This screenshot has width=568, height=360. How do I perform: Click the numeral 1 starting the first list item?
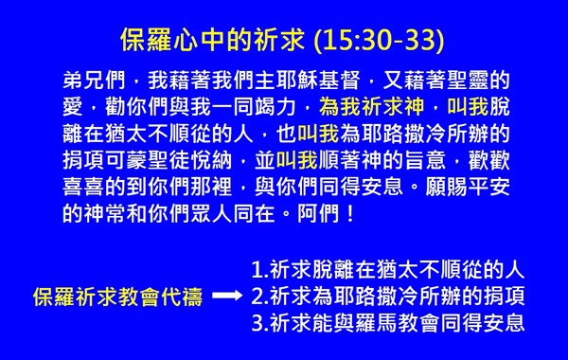point(257,270)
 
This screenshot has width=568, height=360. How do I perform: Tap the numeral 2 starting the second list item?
point(257,297)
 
